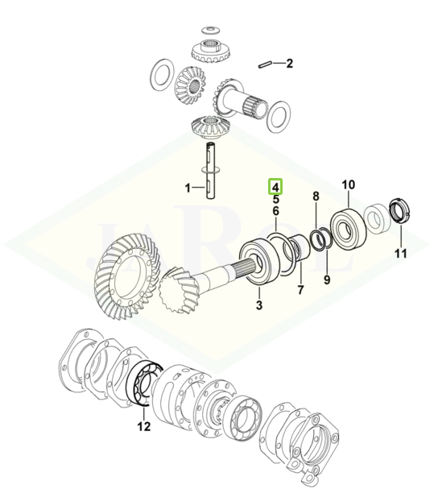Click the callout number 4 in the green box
click(275, 186)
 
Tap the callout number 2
click(290, 64)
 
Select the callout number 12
click(144, 426)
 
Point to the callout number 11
click(401, 253)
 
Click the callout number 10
click(349, 185)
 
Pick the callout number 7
click(300, 290)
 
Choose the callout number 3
click(259, 305)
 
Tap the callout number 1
click(188, 189)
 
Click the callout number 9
click(327, 280)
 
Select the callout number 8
click(316, 196)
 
